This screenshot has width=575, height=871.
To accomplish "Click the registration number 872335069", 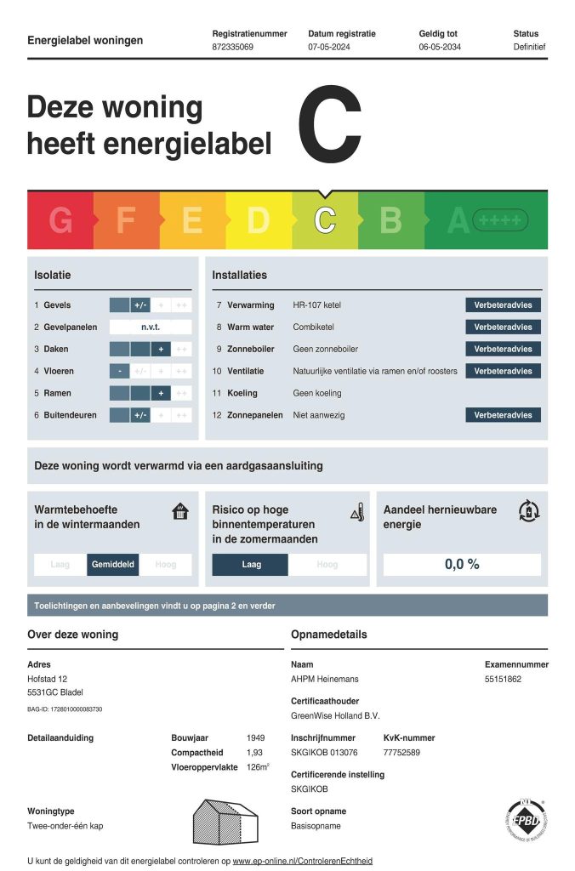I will pyautogui.click(x=232, y=47).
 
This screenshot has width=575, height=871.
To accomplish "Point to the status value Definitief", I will pyautogui.click(x=529, y=47).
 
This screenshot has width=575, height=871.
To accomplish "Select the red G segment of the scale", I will pyautogui.click(x=60, y=221).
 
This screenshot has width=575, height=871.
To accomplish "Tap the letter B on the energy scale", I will pyautogui.click(x=390, y=221).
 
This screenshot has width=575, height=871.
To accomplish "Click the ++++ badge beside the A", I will pyautogui.click(x=500, y=221).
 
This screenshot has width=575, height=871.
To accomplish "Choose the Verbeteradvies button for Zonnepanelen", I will pyautogui.click(x=503, y=415).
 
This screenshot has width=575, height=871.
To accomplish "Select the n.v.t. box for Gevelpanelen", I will pyautogui.click(x=151, y=327).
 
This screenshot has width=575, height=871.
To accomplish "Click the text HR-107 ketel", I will pyautogui.click(x=316, y=305).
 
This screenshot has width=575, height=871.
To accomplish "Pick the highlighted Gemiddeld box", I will pyautogui.click(x=113, y=564).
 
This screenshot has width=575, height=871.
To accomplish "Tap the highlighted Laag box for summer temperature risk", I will pyautogui.click(x=251, y=564).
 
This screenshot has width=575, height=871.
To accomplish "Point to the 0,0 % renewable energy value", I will pyautogui.click(x=462, y=564).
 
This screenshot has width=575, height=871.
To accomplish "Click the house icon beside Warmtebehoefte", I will pyautogui.click(x=180, y=511).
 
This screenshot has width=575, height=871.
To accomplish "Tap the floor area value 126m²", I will pyautogui.click(x=258, y=767).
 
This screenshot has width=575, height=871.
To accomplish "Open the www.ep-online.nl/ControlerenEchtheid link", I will pyautogui.click(x=302, y=861).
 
